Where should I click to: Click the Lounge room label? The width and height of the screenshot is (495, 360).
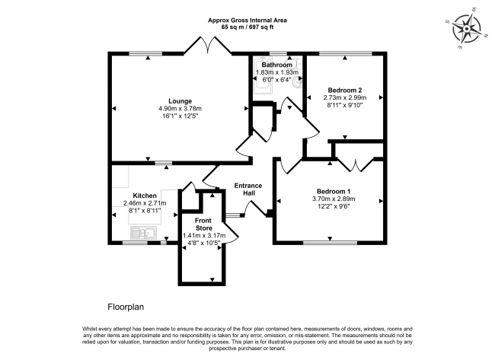click(x=180, y=101)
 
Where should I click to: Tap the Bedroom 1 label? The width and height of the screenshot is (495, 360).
click(x=334, y=191)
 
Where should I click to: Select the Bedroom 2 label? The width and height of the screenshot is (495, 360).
click(x=345, y=91)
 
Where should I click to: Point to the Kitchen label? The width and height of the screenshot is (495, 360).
click(x=145, y=196)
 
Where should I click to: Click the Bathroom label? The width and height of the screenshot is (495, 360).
click(x=277, y=65)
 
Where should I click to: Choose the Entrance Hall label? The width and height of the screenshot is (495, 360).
click(x=248, y=190)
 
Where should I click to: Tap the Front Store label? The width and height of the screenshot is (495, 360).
click(x=203, y=224)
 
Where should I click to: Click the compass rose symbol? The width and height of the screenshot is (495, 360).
click(x=466, y=29)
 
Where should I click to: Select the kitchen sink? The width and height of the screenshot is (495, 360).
click(x=143, y=233)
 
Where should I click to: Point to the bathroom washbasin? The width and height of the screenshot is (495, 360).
click(x=297, y=83)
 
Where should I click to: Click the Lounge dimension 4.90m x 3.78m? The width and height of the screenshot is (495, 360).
click(x=180, y=109)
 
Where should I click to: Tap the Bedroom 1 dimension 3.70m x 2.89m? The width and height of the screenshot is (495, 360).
click(x=334, y=199)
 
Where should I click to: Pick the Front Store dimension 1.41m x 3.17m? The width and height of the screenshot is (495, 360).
click(x=204, y=235)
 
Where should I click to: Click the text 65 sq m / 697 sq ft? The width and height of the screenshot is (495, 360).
click(x=247, y=27)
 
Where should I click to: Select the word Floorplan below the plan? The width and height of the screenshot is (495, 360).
click(x=126, y=307)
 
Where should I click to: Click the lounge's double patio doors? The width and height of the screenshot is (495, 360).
click(x=208, y=45)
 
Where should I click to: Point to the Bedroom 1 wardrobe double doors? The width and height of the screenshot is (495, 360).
click(x=356, y=164)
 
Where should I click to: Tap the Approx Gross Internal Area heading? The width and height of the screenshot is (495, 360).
click(x=247, y=21)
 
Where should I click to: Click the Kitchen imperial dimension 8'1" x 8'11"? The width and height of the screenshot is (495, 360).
click(x=145, y=211)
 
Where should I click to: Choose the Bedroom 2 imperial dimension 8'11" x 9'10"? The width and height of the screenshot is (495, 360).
click(x=345, y=105)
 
